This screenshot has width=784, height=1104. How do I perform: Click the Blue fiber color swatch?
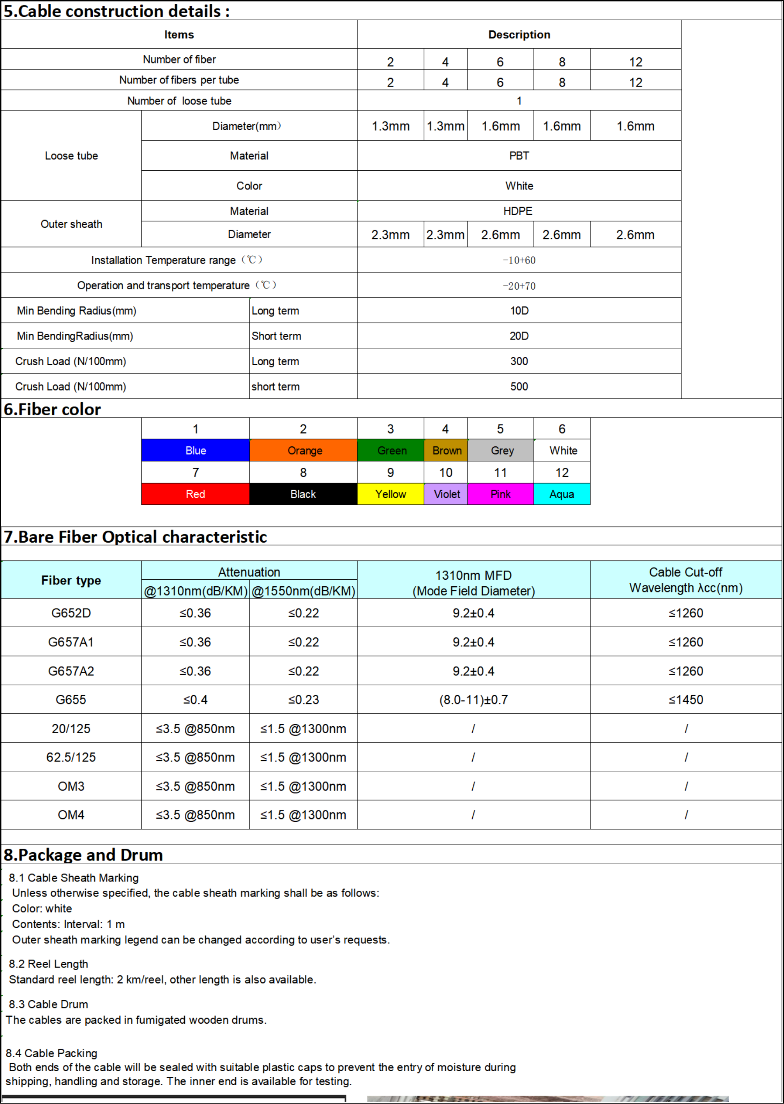196,450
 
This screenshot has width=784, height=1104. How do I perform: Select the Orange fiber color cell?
304,450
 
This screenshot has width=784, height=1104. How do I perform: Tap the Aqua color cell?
562,494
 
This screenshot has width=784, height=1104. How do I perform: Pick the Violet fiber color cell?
446,494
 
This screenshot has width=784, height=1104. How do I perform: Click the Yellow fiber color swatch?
390,494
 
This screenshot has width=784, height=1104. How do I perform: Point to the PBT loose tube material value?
519,156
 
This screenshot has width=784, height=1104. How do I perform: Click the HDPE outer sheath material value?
517,211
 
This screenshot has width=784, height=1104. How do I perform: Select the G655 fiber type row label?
71,699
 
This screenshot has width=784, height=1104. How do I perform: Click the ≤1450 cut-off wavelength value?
685,699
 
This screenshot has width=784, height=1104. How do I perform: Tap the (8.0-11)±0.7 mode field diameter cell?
473,699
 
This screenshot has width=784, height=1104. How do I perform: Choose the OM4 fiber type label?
71,815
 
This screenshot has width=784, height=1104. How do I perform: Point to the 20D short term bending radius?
519,336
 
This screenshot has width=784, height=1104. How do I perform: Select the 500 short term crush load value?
519,386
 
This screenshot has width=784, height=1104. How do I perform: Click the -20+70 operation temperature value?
519,286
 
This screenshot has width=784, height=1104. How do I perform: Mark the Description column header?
519,34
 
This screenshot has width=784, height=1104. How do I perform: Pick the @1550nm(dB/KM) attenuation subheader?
303,591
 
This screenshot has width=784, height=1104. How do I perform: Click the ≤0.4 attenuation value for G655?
196,699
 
